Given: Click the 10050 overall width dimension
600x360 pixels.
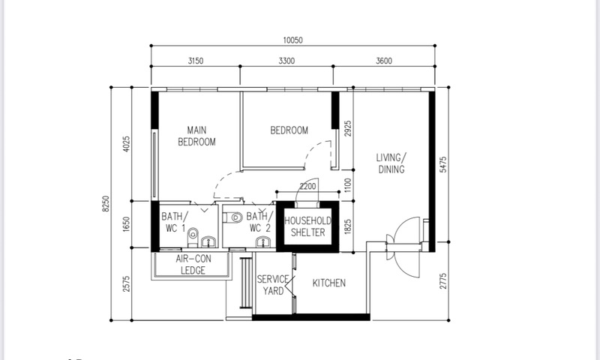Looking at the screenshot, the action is [x=292, y=40].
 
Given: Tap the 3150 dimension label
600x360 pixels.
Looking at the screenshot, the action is [x=196, y=61].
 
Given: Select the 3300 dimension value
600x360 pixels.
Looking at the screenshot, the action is [x=286, y=61].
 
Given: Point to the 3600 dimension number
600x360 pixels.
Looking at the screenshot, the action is [x=384, y=61].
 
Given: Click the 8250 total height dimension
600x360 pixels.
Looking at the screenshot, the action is [x=106, y=203].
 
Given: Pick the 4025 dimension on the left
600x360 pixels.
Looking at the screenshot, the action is [x=126, y=144].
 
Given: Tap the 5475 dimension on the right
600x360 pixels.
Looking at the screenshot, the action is [x=443, y=164].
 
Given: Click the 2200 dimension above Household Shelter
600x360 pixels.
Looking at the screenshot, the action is [x=307, y=186].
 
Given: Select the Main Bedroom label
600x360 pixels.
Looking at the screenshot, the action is [x=196, y=136].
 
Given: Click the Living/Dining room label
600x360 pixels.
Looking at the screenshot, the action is [x=391, y=163].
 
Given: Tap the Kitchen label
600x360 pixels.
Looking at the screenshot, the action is [x=329, y=283].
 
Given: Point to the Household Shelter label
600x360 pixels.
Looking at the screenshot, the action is [x=307, y=226].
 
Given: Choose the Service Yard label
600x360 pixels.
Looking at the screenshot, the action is [x=273, y=285].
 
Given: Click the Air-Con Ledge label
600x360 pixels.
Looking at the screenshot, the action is [x=193, y=265].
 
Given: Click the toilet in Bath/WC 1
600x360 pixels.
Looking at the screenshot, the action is [x=193, y=237].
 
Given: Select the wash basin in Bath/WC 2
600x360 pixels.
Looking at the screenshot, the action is [x=263, y=241].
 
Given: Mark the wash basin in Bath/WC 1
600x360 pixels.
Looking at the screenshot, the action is [x=208, y=241].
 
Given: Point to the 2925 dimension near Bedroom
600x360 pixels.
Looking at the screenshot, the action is [x=348, y=128].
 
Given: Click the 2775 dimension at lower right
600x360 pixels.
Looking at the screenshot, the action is [x=443, y=280].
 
